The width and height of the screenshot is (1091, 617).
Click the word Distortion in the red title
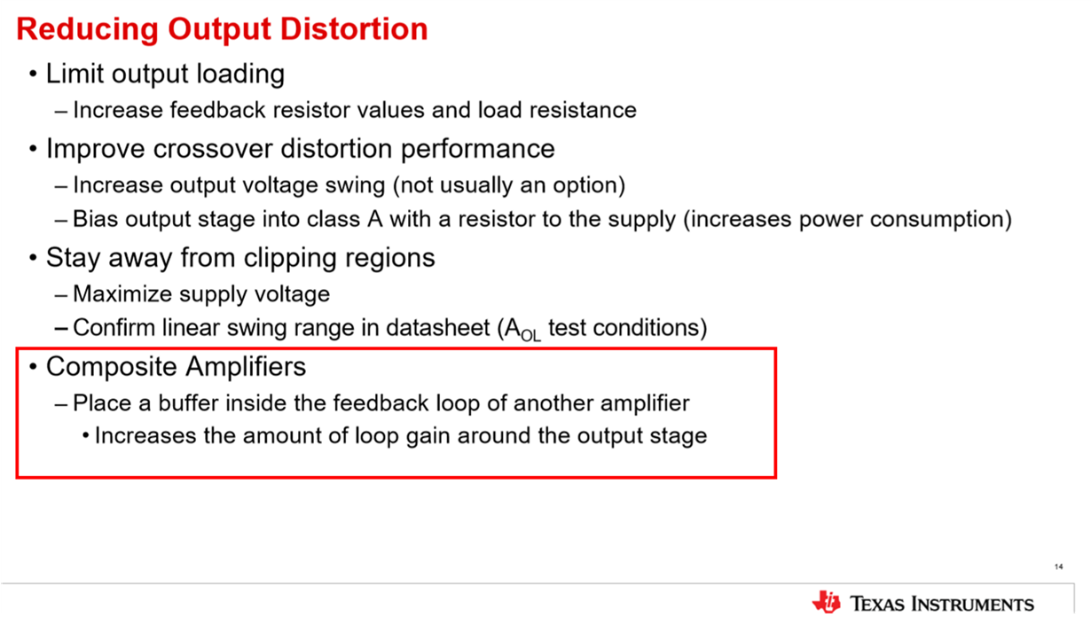coord(354,28)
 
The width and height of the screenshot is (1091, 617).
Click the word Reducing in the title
coord(88,30)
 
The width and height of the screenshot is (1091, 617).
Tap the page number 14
coord(1059,566)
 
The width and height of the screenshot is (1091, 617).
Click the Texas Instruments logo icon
coord(826,603)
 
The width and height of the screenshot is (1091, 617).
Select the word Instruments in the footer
coord(973,604)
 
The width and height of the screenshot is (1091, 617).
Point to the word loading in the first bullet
coord(240,74)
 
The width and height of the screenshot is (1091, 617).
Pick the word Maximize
coord(122,294)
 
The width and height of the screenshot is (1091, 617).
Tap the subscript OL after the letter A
coord(531,336)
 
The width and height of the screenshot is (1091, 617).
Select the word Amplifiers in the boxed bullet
coord(246,366)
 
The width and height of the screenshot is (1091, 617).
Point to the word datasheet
coord(438,327)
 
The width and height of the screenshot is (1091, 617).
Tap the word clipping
coord(290,258)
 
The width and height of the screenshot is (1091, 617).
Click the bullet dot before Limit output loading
coord(33,74)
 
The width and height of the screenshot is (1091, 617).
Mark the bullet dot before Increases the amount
coord(86,435)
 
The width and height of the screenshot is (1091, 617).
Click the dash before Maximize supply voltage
coord(61,295)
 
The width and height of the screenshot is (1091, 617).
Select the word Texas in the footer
coord(877,604)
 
